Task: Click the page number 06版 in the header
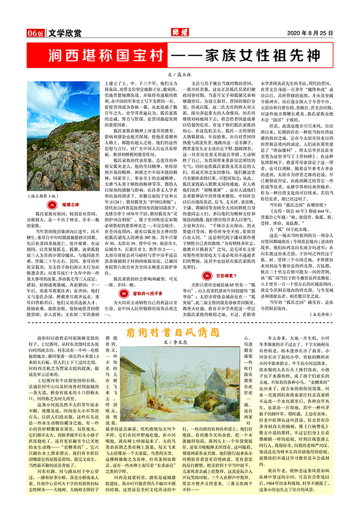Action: click(36, 33)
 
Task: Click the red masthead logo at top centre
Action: click(179, 33)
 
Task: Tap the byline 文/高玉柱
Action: click(180, 75)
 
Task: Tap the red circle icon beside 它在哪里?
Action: click(207, 277)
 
